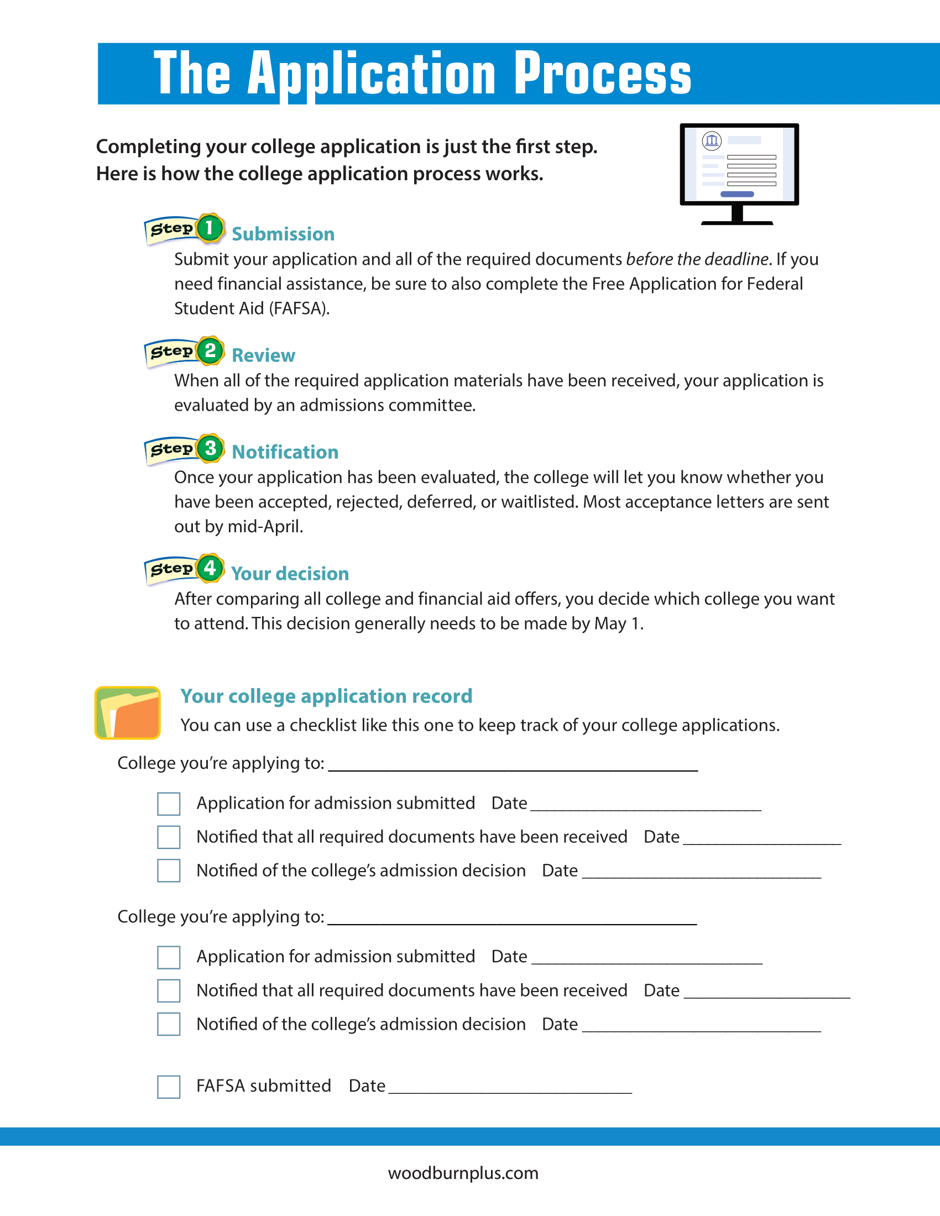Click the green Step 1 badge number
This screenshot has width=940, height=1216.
(x=210, y=228)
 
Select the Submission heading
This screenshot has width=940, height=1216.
(x=283, y=234)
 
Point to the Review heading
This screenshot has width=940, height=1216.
(x=263, y=355)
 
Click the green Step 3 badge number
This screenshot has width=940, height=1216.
(x=210, y=448)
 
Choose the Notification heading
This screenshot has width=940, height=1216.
(x=285, y=452)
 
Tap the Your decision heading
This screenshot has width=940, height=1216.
(x=290, y=574)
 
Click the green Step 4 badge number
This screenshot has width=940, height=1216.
(x=210, y=568)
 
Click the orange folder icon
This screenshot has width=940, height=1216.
(x=128, y=713)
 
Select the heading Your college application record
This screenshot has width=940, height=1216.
(x=326, y=696)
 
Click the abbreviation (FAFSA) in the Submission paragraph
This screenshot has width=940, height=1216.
(x=299, y=308)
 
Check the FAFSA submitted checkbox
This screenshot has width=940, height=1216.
(x=169, y=1086)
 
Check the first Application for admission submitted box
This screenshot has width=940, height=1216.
(x=169, y=804)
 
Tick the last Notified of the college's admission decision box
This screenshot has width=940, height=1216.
(x=169, y=1024)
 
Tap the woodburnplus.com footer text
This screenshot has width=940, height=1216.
(x=463, y=1173)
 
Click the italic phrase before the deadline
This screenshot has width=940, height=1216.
(x=697, y=259)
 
